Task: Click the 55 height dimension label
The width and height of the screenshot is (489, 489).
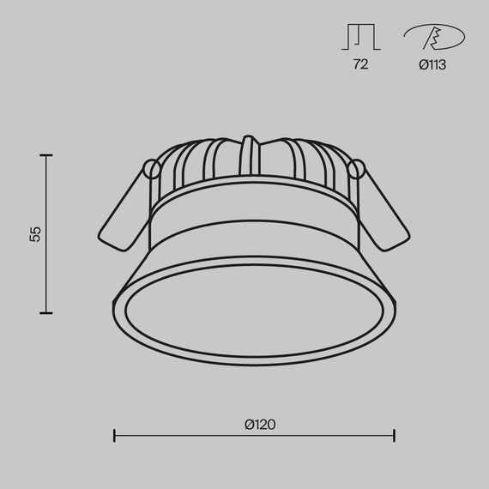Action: coord(35,233)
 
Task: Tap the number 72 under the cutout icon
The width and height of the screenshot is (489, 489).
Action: coord(360,64)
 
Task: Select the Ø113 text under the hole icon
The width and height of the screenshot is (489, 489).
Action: coord(432,64)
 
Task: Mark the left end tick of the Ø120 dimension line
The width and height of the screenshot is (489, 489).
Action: coord(114,436)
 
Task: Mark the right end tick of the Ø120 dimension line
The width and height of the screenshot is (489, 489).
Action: coord(395,436)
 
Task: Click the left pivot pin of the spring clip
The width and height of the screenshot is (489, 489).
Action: coord(151,167)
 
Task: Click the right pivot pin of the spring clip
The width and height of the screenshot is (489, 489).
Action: coord(358,168)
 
